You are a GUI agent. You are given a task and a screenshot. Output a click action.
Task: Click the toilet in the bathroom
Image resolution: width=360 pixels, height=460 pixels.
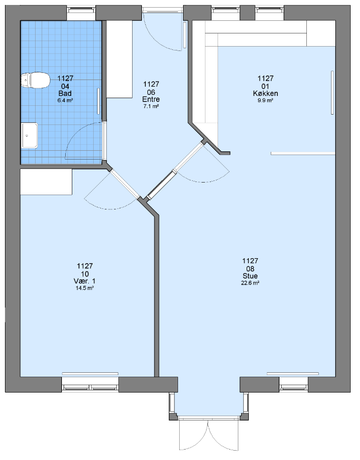pos(35,80)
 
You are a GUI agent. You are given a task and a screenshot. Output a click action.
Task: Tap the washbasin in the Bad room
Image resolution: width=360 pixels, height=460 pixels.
pos(30,135)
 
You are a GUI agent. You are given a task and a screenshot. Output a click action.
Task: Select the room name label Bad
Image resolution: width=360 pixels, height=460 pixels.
pos(65,94)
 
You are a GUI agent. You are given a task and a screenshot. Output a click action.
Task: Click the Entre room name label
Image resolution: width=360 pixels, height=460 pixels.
pos(151,99)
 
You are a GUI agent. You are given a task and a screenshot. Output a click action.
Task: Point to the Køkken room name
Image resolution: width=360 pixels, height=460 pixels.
pos(266,94)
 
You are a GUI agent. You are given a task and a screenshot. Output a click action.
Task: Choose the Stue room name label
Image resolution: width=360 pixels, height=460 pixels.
pos(250,276)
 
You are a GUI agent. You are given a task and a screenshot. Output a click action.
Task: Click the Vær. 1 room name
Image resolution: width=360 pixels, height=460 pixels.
pos(85,281)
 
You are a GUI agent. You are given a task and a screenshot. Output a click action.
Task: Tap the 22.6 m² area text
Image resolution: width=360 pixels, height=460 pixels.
pos(250,283)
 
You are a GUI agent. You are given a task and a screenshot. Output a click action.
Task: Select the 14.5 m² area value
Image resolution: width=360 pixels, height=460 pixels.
pos(85,288)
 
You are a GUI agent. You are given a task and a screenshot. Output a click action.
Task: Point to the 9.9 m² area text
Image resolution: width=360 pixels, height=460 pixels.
pos(266,100)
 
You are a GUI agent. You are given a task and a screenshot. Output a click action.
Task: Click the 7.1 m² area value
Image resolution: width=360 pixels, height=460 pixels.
pos(151,106)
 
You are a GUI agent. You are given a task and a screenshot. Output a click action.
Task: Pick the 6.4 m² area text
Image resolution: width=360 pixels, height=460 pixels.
pos(65,100)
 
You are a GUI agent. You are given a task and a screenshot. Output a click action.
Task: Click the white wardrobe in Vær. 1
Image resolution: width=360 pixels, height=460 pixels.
pos(46,181)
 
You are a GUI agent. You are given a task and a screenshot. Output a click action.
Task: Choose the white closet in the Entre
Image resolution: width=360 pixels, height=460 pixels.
pos(119,59)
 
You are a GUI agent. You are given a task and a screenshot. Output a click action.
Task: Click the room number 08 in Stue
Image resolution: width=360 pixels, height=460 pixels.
pos(250,269)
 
